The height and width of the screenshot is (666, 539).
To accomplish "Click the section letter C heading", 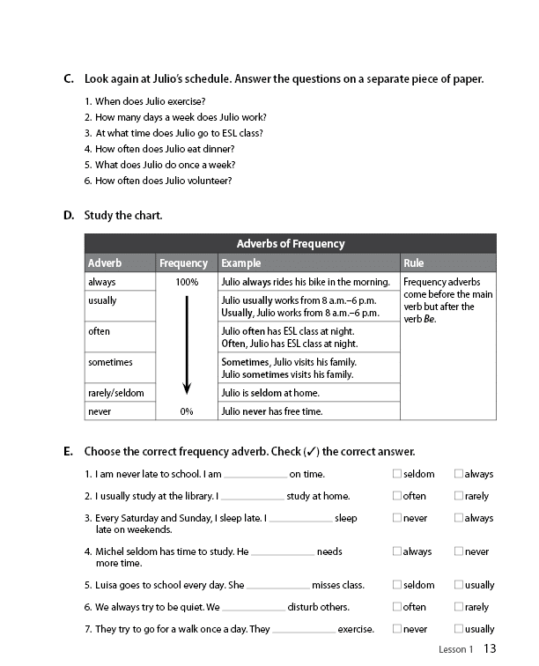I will coord(69,79).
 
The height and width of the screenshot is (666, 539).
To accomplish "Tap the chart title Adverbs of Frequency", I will coord(290,244).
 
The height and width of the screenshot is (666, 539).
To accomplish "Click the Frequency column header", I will coord(183,263).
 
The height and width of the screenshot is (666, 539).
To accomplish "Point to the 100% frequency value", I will coord(187,283).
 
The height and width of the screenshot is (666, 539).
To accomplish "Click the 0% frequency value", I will coord(187,411).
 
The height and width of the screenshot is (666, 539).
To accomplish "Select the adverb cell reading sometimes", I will coord(110,362).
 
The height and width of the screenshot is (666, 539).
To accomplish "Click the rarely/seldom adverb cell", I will coord(115,393).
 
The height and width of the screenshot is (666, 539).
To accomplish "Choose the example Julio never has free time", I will coord(271,411).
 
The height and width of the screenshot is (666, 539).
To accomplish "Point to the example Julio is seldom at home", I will coord(269,393).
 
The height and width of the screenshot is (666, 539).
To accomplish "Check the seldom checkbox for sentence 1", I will coord(397,474).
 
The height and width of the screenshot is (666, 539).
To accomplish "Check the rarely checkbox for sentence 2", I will coord(459,496).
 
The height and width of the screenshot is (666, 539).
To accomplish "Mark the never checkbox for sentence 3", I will coord(397,518).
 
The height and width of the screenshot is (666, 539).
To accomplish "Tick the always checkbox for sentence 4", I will coord(397,551).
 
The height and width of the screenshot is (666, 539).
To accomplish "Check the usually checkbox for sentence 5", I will coord(459,584).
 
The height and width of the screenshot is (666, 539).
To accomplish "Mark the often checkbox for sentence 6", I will coord(397,607).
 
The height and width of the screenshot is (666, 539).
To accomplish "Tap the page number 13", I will coord(491,649).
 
